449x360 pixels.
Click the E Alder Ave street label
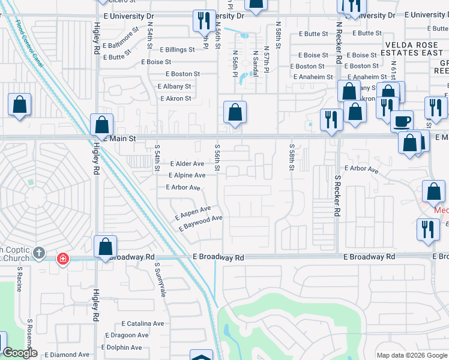pos(187,163)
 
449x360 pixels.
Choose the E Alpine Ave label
pos(186,175)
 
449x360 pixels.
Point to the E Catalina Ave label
pos(142,323)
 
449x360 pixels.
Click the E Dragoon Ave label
pos(127,335)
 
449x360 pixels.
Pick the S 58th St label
pos(291,157)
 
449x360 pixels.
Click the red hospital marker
pos(62,259)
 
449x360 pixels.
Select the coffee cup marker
pos(402,121)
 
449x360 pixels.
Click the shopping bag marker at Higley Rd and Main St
pos(101,125)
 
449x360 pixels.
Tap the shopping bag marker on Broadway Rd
pos(105,247)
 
